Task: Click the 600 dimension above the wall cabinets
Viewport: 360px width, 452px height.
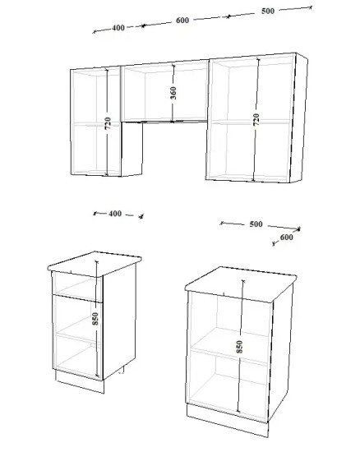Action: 182,21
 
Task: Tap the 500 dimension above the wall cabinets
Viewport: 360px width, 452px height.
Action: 268,11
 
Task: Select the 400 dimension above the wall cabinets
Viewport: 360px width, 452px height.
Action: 118,28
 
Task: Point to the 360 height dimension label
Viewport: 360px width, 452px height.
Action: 173,93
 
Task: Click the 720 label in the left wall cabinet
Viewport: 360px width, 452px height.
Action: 108,123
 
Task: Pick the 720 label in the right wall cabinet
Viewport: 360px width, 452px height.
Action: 256,120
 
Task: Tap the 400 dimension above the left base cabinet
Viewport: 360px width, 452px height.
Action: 115,214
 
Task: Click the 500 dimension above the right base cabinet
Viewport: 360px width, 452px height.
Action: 256,224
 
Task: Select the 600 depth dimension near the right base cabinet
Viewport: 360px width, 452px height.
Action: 286,238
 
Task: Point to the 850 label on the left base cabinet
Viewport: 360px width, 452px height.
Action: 95,319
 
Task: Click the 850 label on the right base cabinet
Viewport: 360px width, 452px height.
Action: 239,347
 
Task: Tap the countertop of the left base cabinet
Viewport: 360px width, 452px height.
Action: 95,264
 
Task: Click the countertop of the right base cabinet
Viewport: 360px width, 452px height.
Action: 241,284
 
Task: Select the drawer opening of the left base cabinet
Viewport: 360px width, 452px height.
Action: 77,287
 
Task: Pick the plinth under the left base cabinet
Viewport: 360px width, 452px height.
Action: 80,381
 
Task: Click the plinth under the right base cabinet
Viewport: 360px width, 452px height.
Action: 228,420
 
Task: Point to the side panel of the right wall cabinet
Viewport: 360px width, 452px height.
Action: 299,118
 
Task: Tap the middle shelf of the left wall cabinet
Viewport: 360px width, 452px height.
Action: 96,124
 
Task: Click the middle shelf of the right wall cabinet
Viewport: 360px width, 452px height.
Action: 251,122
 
